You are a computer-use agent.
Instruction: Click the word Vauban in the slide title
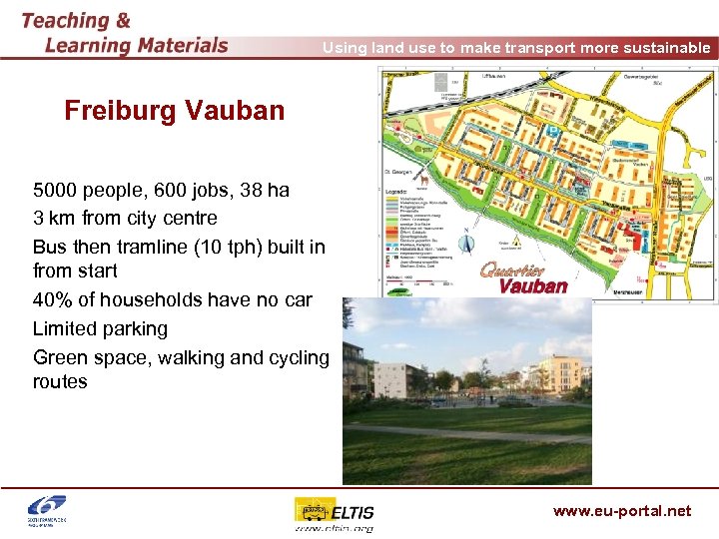pos(240,111)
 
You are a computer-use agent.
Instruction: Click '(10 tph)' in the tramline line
pos(215,247)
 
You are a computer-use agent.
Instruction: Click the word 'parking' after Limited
pos(133,328)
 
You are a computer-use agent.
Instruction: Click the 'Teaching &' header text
pos(75,20)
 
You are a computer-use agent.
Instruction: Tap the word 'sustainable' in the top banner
pos(662,48)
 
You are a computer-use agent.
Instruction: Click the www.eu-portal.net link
pos(621,511)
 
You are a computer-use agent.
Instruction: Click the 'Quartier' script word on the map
pos(512,269)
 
